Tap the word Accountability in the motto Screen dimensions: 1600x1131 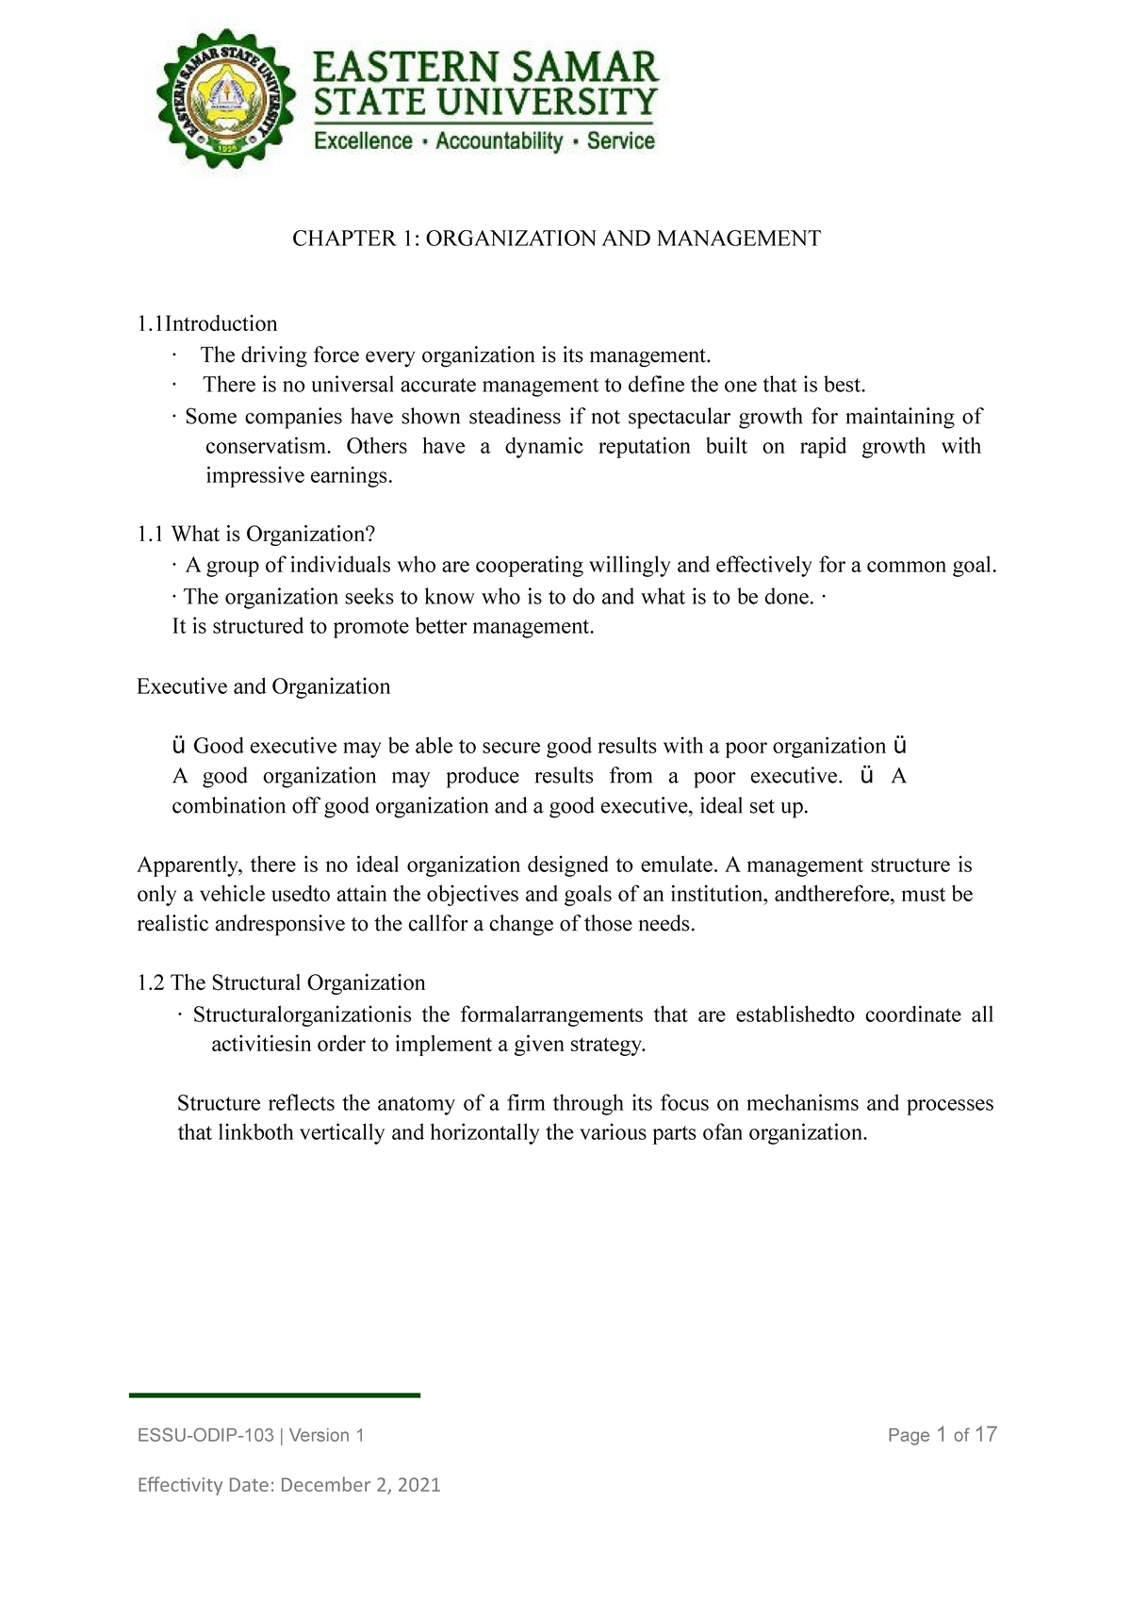(499, 141)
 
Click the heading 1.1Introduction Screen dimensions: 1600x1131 (207, 324)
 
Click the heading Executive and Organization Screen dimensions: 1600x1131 (263, 686)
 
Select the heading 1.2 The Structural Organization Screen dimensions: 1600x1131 (281, 983)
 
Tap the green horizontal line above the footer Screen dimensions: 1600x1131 (274, 1394)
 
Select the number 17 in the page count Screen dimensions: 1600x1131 (985, 1435)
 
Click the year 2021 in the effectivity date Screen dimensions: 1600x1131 (418, 1485)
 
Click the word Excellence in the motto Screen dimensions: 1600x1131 (363, 141)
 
